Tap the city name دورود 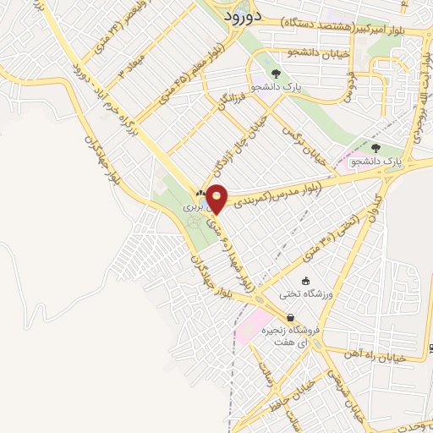point(244,15)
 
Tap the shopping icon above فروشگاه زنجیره point(290,317)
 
